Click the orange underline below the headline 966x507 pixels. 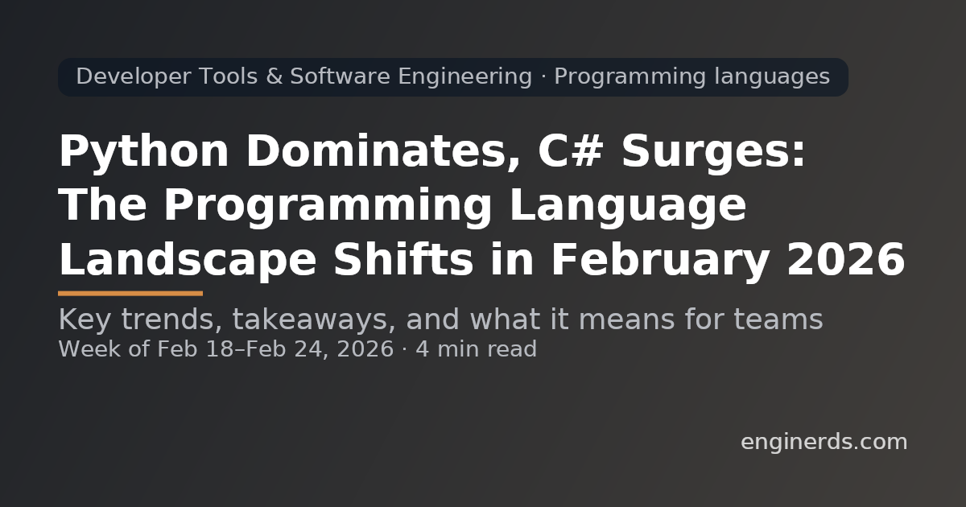tap(130, 294)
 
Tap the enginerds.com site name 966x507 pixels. tap(824, 442)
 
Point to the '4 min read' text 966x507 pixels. tap(476, 349)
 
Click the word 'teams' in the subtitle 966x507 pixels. tap(778, 320)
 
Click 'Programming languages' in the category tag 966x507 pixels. tap(691, 77)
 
